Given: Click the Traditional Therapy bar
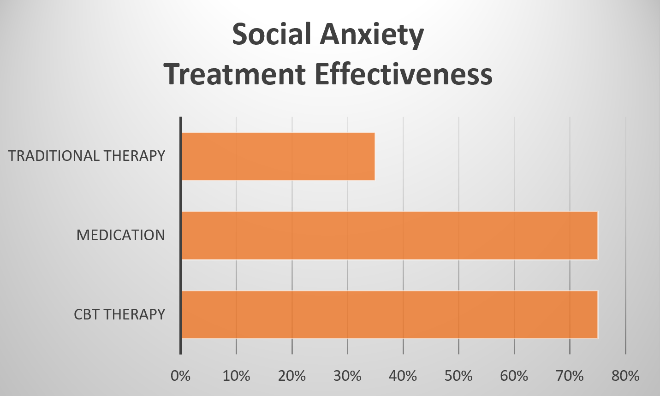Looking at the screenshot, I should tap(278, 156).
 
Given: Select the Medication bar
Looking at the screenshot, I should tap(390, 236).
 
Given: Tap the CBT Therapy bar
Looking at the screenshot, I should tap(390, 314).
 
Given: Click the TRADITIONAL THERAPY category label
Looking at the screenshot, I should tap(87, 156).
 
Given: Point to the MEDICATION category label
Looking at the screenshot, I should tap(120, 235).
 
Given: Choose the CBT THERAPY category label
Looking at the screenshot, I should tap(119, 314).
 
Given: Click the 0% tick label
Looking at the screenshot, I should tap(180, 376).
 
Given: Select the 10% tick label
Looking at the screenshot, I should tap(236, 376).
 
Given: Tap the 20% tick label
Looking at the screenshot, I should tap(292, 376).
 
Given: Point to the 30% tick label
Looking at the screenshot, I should tap(347, 376).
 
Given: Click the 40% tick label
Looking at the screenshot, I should tap(403, 376).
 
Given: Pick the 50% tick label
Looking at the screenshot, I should tap(458, 376).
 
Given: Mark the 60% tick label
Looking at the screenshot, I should tap(514, 376).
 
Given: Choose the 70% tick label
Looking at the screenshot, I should tap(570, 376).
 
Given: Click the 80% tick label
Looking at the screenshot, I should tap(625, 376).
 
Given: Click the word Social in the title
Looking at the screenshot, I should tap(272, 35).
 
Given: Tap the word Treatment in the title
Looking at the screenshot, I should tap(235, 74).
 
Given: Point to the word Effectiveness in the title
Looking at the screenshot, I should tap(404, 74).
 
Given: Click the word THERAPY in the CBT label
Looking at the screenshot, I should tap(134, 314).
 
